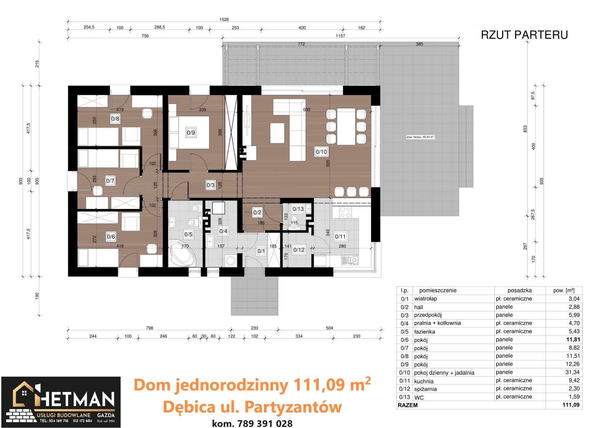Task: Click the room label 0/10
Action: [321, 152]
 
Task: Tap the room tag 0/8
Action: [115, 119]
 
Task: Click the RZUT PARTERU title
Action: [524, 35]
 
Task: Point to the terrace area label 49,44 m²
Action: [420, 137]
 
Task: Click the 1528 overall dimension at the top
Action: [224, 19]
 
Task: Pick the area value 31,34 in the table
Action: [572, 372]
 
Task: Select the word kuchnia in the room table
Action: [424, 381]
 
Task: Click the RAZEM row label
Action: [408, 405]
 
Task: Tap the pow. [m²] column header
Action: [564, 290]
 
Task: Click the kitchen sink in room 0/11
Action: [350, 260]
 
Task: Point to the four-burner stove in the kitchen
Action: [345, 212]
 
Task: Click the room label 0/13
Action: [298, 209]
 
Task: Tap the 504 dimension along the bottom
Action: [329, 328]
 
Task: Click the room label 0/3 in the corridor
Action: [210, 185]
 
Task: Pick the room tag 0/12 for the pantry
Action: [299, 250]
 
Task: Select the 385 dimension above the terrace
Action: [419, 44]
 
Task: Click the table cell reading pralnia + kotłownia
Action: [437, 323]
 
